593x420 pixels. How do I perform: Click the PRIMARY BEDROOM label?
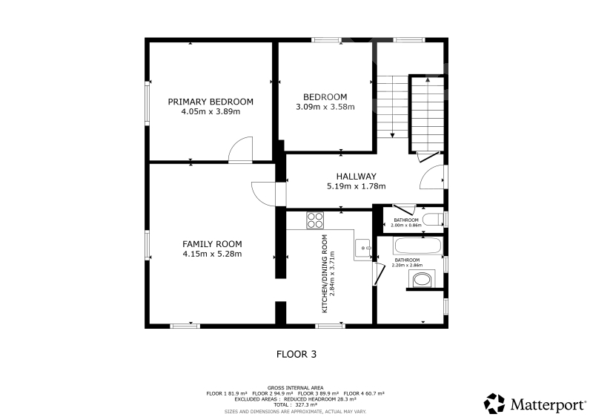[211, 102]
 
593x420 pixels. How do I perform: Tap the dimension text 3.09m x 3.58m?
[325, 107]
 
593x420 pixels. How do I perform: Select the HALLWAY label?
[357, 177]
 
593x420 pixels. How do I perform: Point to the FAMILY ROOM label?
[212, 244]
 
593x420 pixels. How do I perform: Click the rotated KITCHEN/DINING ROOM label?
[325, 274]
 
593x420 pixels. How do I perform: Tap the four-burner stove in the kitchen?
[315, 220]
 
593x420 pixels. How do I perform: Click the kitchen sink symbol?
[363, 248]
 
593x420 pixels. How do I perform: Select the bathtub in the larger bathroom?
[417, 246]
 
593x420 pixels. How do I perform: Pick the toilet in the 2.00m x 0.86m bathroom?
[433, 220]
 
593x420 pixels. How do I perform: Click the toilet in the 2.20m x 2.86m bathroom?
[422, 280]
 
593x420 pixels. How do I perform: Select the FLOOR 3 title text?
[296, 355]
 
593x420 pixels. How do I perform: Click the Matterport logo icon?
[494, 404]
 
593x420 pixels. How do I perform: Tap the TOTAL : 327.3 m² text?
[295, 405]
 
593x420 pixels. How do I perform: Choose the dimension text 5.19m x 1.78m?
[357, 186]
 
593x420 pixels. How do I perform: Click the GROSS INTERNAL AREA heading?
[295, 388]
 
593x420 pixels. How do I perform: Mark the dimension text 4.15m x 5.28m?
[212, 254]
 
